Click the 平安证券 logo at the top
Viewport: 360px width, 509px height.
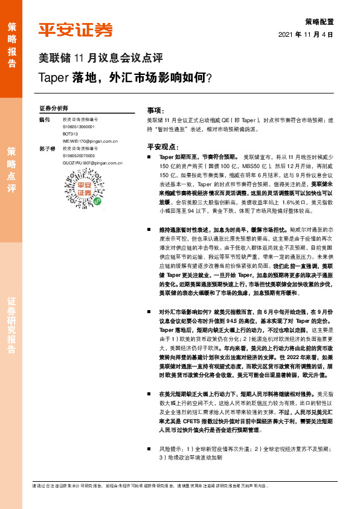76,30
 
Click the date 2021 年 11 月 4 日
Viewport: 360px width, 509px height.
306,34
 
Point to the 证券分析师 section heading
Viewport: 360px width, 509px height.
54,108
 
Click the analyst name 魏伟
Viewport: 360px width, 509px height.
44,119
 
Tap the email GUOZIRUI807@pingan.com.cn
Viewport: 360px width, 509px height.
93,163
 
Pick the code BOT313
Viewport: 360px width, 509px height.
71,134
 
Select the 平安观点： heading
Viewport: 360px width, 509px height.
162,147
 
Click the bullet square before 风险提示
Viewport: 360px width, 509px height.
150,450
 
